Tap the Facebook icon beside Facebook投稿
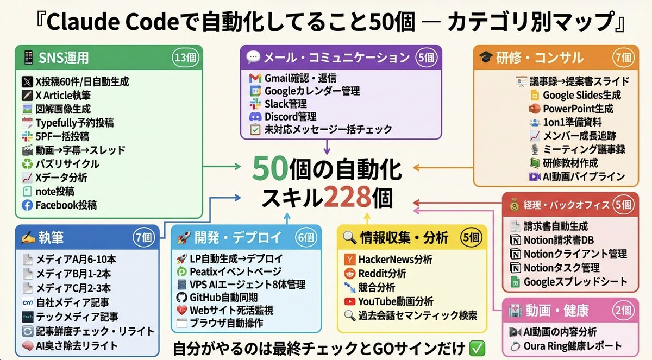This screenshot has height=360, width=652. coord(27,205)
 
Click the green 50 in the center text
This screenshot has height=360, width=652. coord(273,170)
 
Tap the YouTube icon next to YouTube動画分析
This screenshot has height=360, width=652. coord(349,301)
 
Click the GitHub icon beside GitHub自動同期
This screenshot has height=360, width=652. coord(181,298)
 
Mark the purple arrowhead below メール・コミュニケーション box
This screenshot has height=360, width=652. coord(326,150)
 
